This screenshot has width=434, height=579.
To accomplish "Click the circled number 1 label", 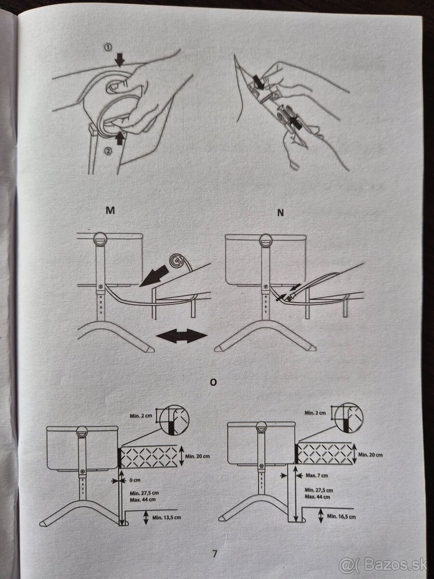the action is tap(108, 47).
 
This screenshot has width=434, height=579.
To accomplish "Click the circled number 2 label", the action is tap(108, 151).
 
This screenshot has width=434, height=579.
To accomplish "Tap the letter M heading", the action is tap(110, 210).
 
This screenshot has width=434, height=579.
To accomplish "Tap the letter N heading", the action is tap(281, 213).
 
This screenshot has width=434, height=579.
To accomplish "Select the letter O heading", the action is tap(213, 382).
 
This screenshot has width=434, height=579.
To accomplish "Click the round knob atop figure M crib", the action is tap(100, 239).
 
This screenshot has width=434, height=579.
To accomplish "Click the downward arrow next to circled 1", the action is tap(120, 59).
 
